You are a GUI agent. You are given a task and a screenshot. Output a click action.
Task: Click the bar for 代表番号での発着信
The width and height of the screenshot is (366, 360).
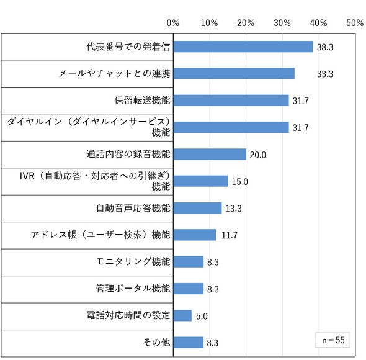point(243,47)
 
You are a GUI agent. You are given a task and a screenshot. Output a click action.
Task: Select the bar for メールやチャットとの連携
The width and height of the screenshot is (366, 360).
point(234,74)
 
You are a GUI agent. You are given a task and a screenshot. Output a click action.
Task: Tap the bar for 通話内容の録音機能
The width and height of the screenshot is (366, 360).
point(210,154)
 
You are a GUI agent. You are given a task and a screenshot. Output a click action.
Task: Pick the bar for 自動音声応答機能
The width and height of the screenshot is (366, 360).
point(197,208)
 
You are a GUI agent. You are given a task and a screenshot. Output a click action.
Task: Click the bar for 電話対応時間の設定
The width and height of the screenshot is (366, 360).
point(182,315)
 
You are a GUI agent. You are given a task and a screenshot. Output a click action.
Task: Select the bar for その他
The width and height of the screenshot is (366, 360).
point(189,342)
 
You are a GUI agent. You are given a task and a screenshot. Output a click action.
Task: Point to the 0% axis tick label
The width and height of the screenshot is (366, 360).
point(172,23)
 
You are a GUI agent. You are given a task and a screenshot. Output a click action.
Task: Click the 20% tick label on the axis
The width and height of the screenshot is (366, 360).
point(246,23)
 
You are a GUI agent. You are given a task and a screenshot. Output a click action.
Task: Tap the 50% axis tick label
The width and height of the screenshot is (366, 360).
point(355,23)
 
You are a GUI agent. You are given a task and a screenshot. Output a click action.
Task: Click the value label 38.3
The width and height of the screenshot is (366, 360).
point(325,47)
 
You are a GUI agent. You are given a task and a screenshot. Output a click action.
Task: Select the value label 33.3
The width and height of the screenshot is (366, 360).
point(325,74)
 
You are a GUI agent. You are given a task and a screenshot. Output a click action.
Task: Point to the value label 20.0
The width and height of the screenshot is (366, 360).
point(258,155)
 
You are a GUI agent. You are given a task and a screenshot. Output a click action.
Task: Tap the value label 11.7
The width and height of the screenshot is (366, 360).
point(230,235)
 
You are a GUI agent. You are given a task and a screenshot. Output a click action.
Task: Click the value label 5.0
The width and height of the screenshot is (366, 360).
point(202,316)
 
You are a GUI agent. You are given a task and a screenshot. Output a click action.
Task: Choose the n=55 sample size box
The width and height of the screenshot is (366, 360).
point(333,340)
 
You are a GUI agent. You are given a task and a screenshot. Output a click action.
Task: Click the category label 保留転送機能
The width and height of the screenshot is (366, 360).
point(142,100)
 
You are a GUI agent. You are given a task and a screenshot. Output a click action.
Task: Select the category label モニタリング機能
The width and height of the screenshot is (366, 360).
point(133,261)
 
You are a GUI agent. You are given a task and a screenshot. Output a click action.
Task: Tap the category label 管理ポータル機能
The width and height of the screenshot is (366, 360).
point(133,288)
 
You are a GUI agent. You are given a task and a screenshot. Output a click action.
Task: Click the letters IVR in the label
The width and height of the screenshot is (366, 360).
point(27,176)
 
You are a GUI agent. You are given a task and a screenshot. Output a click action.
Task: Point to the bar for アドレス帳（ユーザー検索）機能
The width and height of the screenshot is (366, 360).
point(195,235)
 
